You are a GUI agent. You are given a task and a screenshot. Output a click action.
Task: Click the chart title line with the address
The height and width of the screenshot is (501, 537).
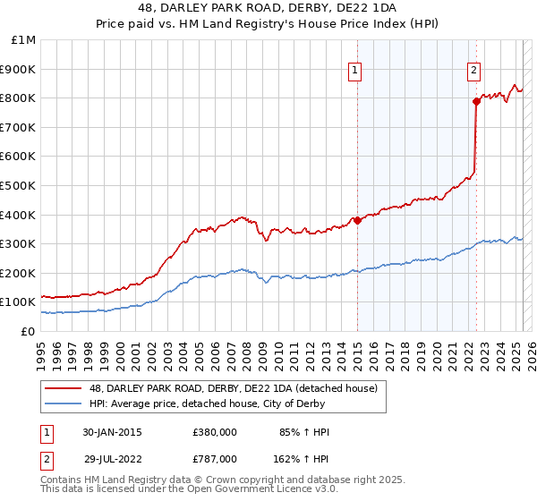(x=268, y=10)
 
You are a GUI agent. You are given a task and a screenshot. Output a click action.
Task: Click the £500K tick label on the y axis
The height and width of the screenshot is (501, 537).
(x=18, y=185)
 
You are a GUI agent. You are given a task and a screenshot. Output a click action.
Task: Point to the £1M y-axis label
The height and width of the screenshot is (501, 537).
(x=23, y=40)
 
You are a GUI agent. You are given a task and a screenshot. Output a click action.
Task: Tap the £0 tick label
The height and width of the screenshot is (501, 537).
(x=27, y=331)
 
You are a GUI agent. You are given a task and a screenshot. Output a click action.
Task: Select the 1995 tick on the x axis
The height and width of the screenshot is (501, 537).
(x=41, y=350)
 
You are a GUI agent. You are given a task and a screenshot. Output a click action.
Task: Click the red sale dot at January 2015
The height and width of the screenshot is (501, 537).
(x=357, y=220)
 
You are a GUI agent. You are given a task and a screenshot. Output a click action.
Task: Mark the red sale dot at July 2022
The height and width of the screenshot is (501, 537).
(x=476, y=101)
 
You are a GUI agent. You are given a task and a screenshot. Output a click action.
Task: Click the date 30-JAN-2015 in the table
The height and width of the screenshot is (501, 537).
(x=112, y=433)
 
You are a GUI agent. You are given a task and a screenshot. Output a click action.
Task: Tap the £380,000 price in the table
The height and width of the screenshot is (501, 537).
(x=214, y=433)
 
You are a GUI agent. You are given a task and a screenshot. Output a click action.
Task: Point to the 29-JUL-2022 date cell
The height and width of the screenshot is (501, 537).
(x=112, y=458)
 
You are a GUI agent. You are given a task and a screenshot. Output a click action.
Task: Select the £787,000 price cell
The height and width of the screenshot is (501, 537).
(x=214, y=458)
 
